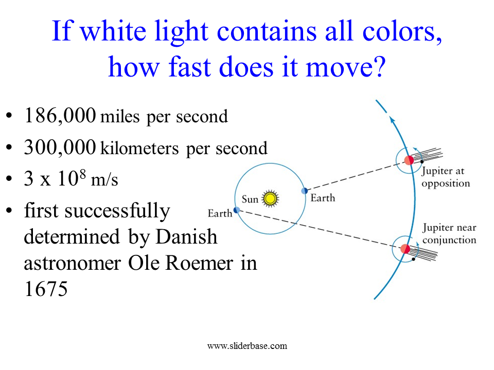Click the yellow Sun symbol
pyautogui.click(x=270, y=198)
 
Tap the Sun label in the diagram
pyautogui.click(x=250, y=199)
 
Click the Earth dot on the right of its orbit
pyautogui.click(x=304, y=191)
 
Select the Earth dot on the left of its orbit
pyautogui.click(x=237, y=210)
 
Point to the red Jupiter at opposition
pyautogui.click(x=409, y=160)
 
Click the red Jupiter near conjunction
pyautogui.click(x=405, y=249)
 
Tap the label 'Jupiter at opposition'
pyautogui.click(x=446, y=177)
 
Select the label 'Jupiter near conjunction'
pyautogui.click(x=449, y=234)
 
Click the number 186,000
pyautogui.click(x=60, y=116)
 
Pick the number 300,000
pyautogui.click(x=60, y=147)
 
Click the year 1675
pyautogui.click(x=46, y=289)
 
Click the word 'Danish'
pyautogui.click(x=186, y=236)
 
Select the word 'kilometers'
pyautogui.click(x=139, y=148)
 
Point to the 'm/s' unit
pyautogui.click(x=104, y=180)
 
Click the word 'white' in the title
pyautogui.click(x=113, y=31)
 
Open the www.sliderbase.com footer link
pyautogui.click(x=248, y=346)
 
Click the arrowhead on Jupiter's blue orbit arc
pyautogui.click(x=392, y=120)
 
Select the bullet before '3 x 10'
pyautogui.click(x=9, y=178)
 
